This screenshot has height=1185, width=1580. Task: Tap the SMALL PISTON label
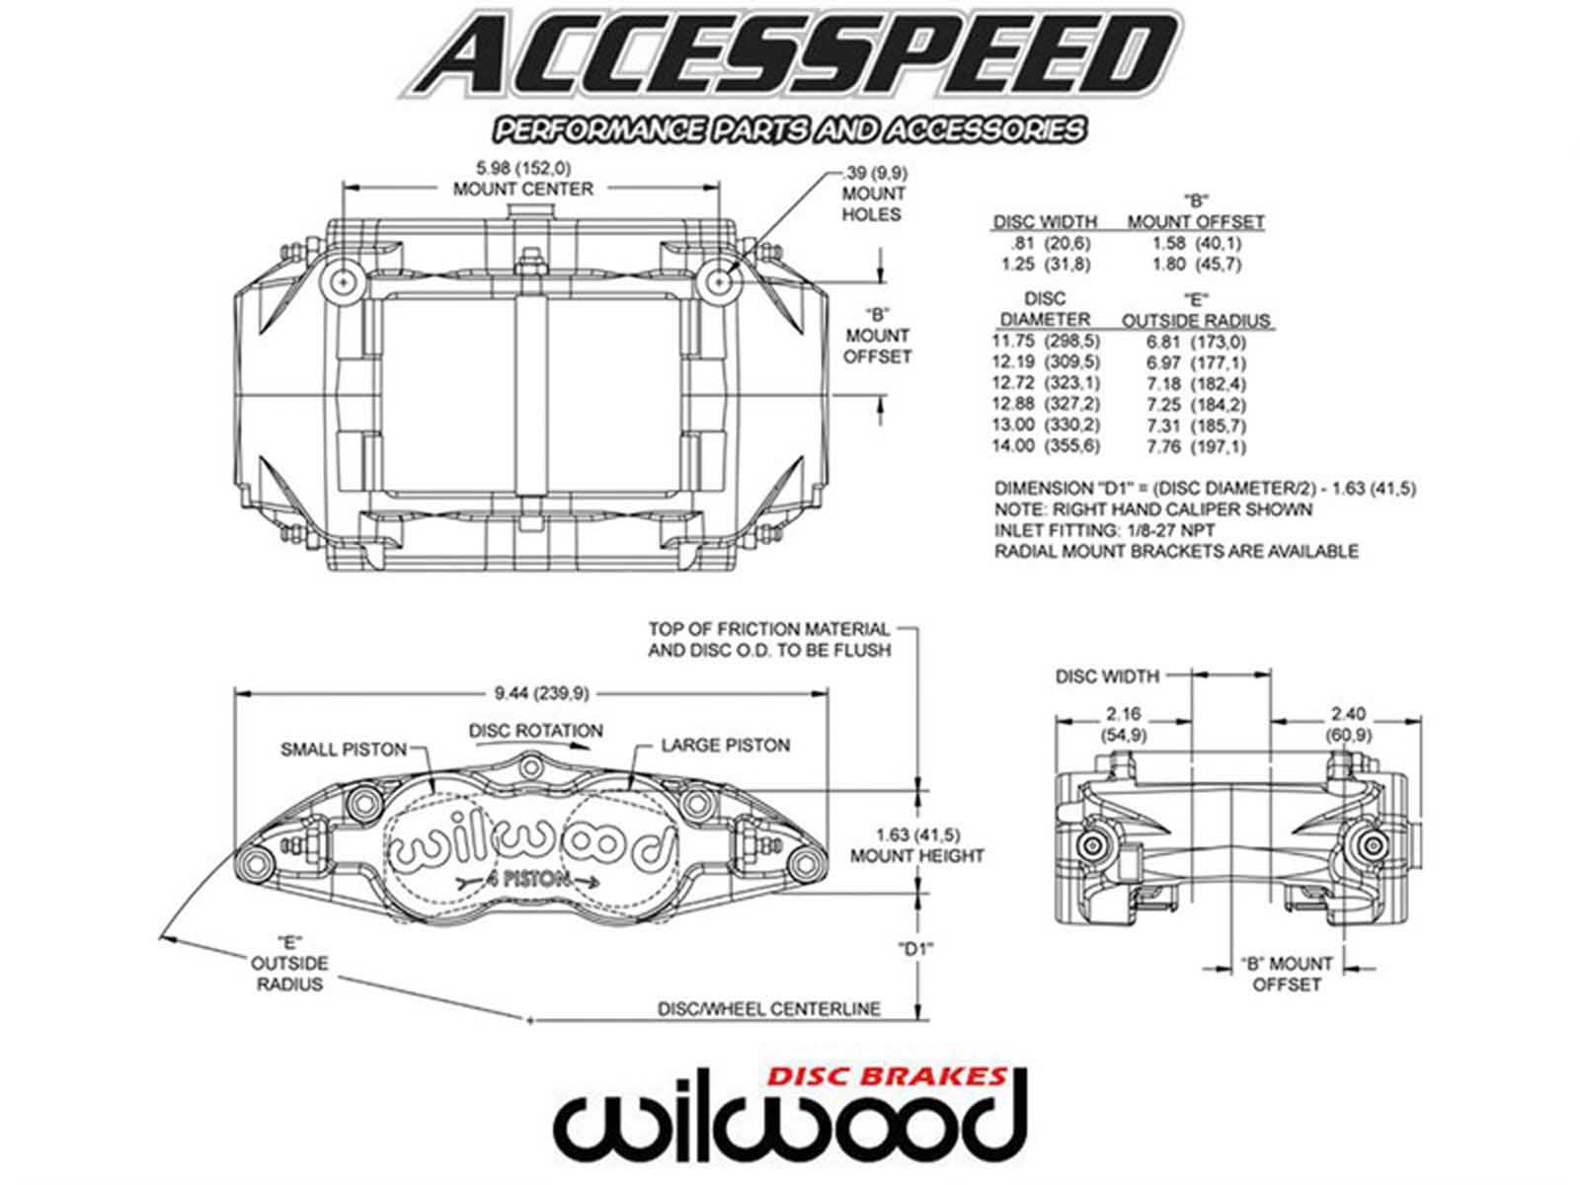(343, 749)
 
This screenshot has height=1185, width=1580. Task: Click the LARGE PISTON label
(725, 745)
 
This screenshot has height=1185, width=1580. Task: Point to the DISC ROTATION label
(535, 731)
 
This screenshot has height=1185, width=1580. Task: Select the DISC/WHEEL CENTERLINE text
(769, 1008)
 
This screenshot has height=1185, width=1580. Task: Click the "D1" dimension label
(915, 949)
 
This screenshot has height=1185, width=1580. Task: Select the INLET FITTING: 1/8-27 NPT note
(1104, 530)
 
